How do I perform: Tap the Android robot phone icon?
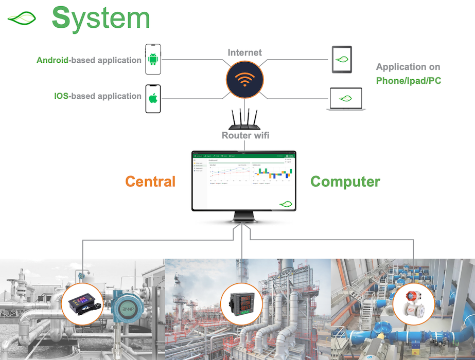coord(153,58)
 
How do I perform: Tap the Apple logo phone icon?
coord(153,98)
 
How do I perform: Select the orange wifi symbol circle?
coord(245,80)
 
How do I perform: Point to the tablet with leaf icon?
coord(342,60)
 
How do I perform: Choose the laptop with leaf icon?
coord(346,98)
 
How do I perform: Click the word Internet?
coord(245,52)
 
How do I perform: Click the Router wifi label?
coord(245,136)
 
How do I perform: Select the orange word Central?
coord(150,182)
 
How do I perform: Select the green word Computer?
coord(345,182)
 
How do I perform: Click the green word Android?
coord(52,60)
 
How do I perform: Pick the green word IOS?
coord(61,96)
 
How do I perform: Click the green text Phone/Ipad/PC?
coord(409,81)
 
